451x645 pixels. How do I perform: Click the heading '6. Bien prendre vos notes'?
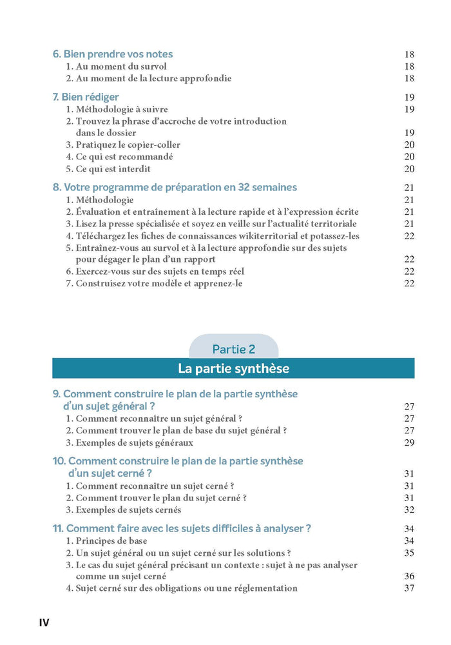tap(113, 54)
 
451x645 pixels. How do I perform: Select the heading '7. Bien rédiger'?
tap(86, 97)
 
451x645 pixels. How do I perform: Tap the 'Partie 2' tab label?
tap(234, 349)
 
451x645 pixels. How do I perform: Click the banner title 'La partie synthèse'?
tap(233, 369)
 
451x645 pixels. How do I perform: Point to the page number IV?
tap(44, 622)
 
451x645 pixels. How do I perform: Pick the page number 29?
tap(409, 443)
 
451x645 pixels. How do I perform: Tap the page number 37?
tap(409, 588)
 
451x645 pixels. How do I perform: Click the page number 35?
tap(409, 553)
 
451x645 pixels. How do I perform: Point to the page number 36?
tap(409, 577)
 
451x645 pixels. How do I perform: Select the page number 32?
tap(409, 510)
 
